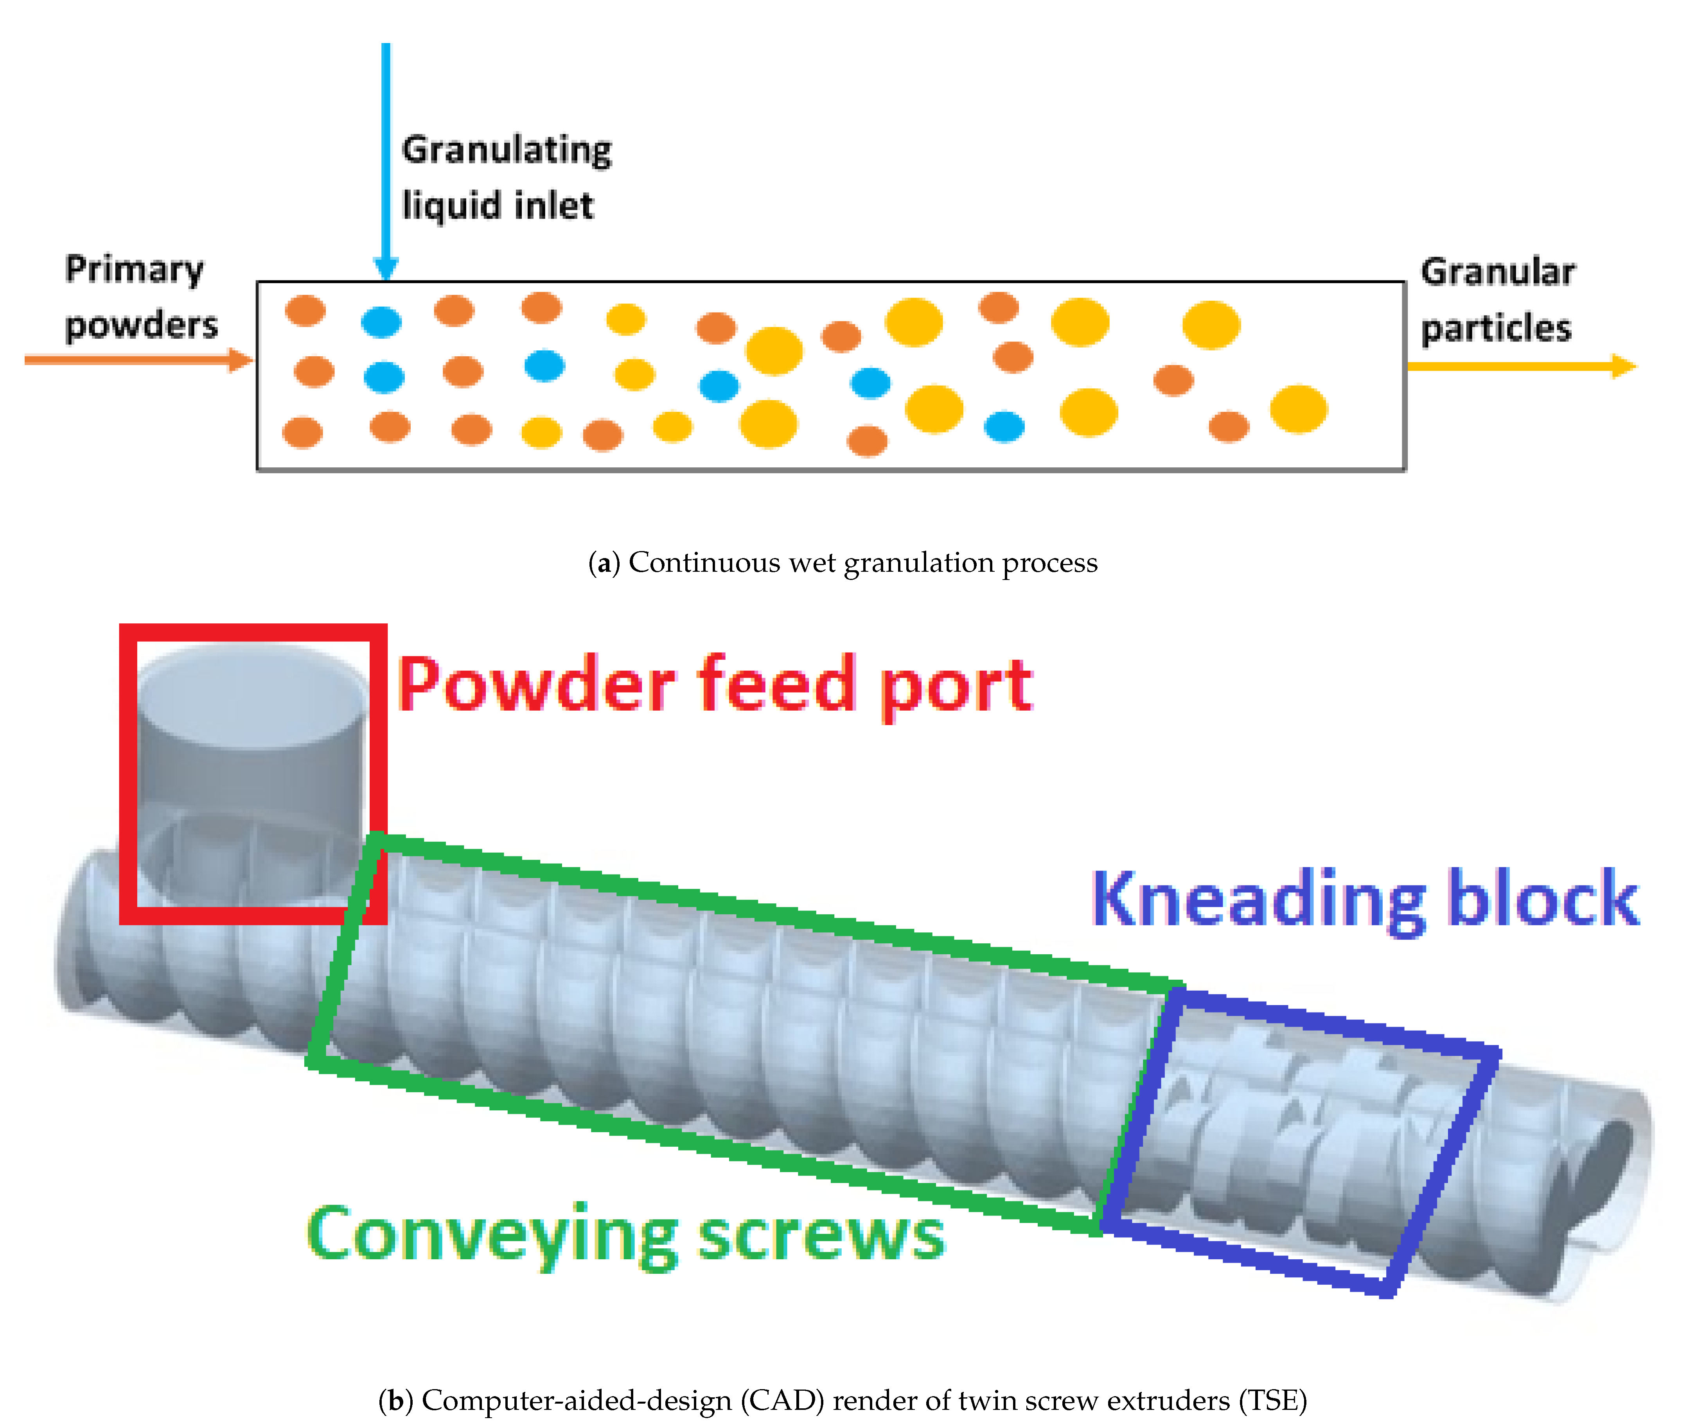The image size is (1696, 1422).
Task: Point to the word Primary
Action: [134, 270]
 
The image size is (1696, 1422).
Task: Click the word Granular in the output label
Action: [1497, 272]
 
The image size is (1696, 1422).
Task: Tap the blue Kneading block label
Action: [1365, 899]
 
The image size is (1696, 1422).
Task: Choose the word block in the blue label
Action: [1543, 899]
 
